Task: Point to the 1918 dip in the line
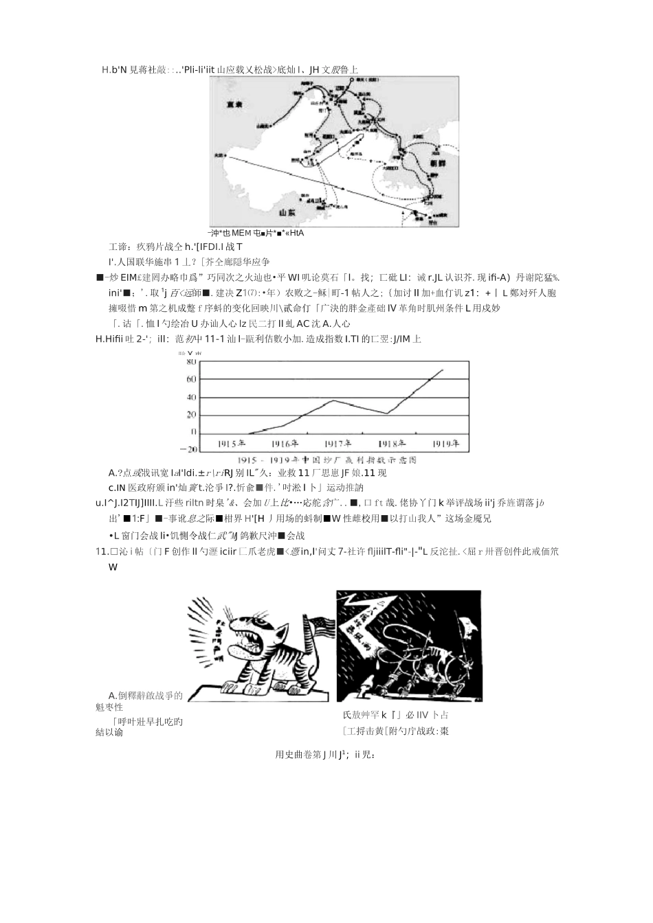386,413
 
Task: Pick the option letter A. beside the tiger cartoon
113,696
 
